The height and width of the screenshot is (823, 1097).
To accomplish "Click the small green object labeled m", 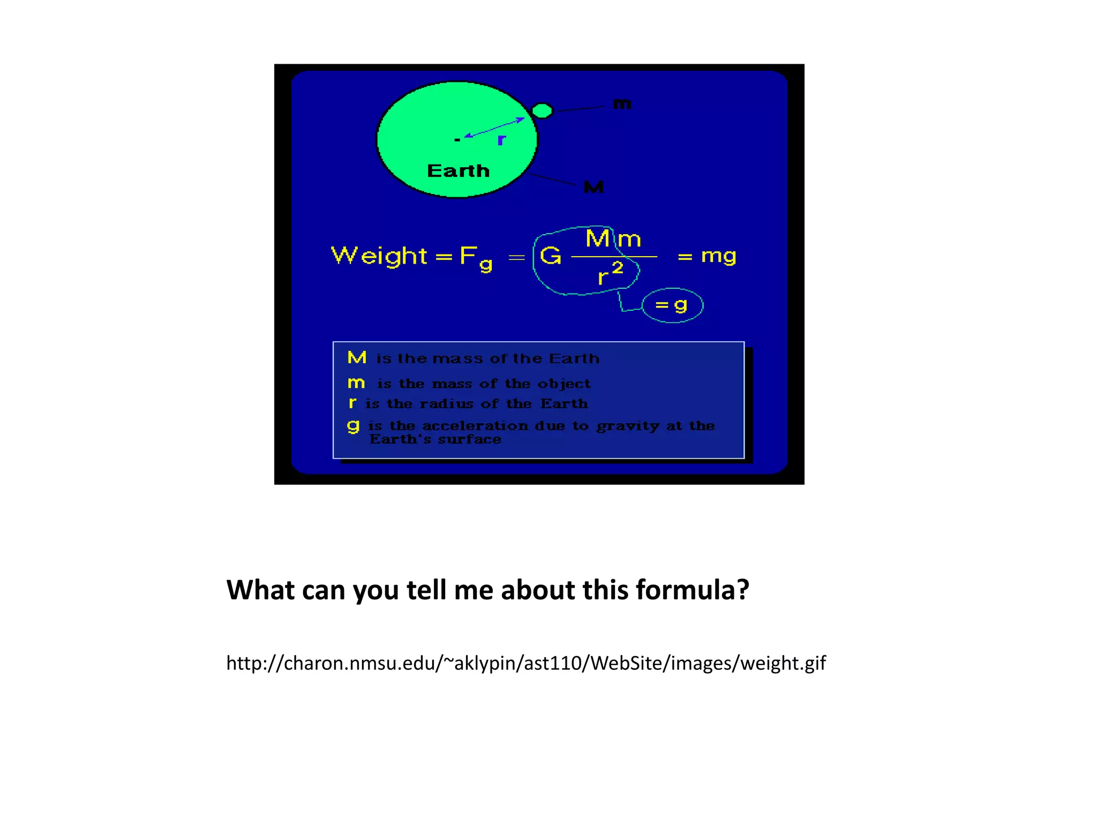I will (542, 110).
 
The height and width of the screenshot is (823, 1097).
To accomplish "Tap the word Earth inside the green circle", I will (459, 171).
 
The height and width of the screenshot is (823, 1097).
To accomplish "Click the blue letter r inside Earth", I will (501, 140).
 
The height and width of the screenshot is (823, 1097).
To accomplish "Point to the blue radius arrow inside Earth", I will (494, 128).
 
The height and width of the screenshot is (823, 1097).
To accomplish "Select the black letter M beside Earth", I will (593, 187).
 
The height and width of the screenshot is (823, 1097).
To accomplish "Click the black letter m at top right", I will (622, 104).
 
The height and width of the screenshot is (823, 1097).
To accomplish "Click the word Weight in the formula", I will (379, 256).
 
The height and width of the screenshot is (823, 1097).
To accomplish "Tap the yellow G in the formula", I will (551, 256).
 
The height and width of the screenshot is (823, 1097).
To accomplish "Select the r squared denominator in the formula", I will (610, 274).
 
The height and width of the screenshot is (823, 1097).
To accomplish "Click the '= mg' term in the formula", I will (707, 256).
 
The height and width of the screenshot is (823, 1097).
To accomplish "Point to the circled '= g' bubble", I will (672, 305).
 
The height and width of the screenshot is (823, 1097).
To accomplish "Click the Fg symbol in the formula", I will (476, 258).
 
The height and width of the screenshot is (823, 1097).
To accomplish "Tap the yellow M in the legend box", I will (357, 357).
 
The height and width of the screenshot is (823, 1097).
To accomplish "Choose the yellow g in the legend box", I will (353, 426).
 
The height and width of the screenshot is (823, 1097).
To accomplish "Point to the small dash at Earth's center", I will (457, 140).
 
